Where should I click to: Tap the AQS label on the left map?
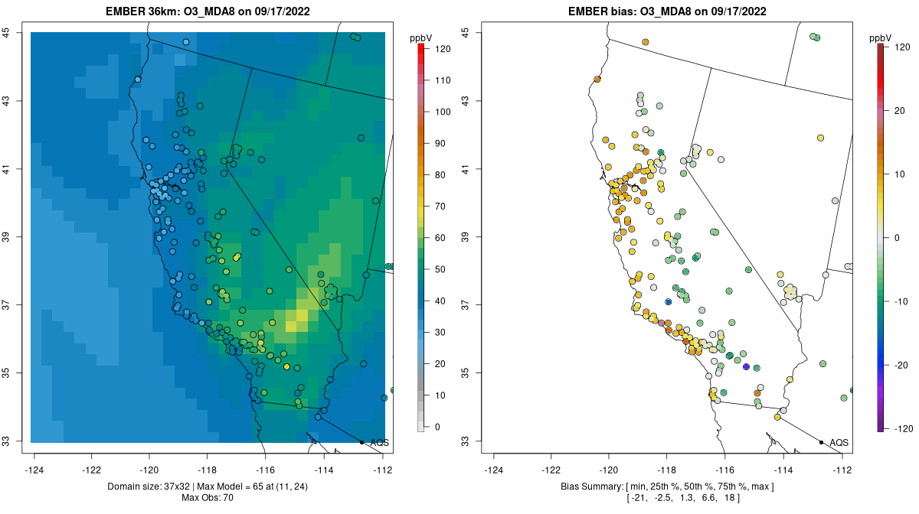click(x=379, y=443)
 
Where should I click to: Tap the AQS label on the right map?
click(x=839, y=443)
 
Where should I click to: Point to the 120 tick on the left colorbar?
click(x=443, y=48)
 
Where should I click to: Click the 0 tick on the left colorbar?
click(x=437, y=427)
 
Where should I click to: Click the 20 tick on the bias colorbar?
click(x=900, y=111)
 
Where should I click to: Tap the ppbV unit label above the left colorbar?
click(x=420, y=37)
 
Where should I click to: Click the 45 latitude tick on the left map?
click(x=5, y=32)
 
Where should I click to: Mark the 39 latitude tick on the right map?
click(x=465, y=237)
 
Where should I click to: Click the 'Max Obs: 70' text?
click(x=208, y=498)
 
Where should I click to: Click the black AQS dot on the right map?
click(x=821, y=442)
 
